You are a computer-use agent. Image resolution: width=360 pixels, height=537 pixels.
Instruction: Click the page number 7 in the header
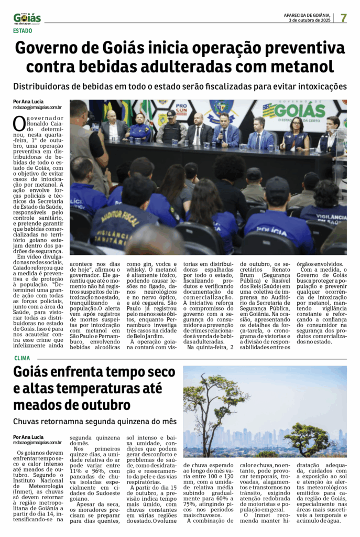tap(343, 17)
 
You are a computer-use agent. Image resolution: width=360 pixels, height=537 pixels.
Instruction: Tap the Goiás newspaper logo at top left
tap(27, 18)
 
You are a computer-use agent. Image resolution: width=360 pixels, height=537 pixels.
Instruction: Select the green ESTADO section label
tap(22, 31)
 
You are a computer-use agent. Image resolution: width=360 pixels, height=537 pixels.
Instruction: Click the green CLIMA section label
tap(21, 358)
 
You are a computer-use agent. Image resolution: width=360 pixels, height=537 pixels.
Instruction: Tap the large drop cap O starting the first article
tap(19, 123)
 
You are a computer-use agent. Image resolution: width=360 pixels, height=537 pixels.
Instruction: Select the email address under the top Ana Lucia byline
tap(37, 108)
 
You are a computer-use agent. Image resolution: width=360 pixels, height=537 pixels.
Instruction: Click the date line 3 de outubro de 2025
tap(310, 20)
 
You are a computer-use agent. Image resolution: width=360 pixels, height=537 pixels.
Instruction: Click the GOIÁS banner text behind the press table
tap(300, 111)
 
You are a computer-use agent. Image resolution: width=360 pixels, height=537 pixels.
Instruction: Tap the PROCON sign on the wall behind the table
tap(182, 109)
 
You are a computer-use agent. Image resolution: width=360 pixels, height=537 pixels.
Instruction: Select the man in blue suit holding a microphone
tap(225, 132)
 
